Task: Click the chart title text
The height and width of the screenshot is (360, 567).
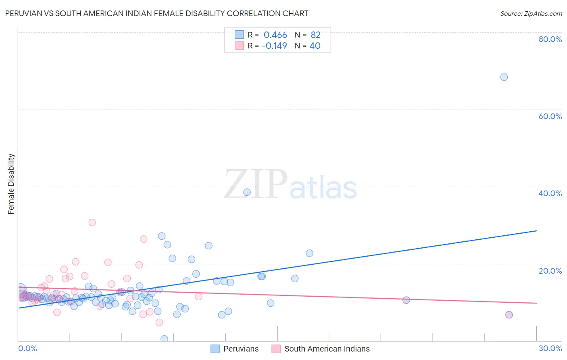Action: tap(156, 13)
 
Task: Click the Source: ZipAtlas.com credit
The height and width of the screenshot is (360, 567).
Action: tap(531, 13)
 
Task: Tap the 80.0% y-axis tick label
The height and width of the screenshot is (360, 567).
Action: tap(550, 39)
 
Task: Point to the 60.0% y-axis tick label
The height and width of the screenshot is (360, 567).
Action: tap(550, 116)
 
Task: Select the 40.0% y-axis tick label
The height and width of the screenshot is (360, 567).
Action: tap(550, 193)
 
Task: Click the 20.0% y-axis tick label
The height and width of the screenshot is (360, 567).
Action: tap(550, 271)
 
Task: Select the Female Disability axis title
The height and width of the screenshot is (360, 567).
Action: tap(11, 184)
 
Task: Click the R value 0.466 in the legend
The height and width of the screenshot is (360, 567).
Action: tap(275, 35)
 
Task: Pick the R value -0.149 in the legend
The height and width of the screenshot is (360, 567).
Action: tap(274, 46)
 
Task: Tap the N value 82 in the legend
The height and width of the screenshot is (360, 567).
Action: tap(315, 35)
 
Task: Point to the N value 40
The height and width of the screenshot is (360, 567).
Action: tap(315, 46)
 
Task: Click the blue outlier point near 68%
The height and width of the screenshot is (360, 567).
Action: tap(504, 77)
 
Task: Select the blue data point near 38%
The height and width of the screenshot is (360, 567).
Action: tap(247, 192)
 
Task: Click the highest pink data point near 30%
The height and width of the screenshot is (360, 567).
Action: tap(92, 222)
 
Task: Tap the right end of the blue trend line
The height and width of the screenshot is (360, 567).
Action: tap(536, 231)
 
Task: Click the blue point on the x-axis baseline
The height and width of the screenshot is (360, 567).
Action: tap(164, 339)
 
